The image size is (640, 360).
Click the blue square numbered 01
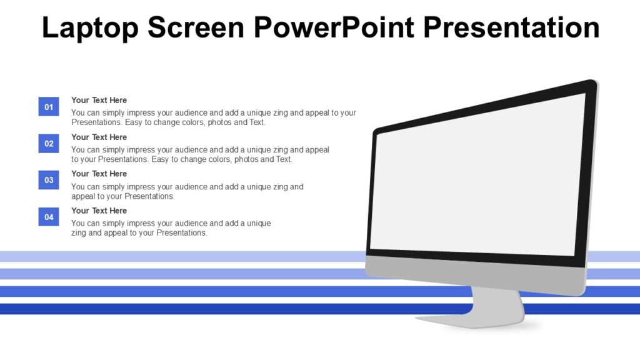(49, 107)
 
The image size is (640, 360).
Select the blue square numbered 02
(49, 144)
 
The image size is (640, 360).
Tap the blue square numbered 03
(49, 181)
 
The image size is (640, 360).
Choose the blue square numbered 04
(49, 217)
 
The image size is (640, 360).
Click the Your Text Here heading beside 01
(99, 100)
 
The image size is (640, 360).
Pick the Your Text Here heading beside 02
(99, 137)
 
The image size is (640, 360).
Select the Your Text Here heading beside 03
(99, 174)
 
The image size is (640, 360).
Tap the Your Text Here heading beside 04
(99, 211)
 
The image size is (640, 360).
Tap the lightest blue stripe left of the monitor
(181, 256)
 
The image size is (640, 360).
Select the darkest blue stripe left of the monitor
(181, 309)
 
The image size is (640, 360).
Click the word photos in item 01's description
(220, 122)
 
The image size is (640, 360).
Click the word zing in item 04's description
(79, 233)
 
